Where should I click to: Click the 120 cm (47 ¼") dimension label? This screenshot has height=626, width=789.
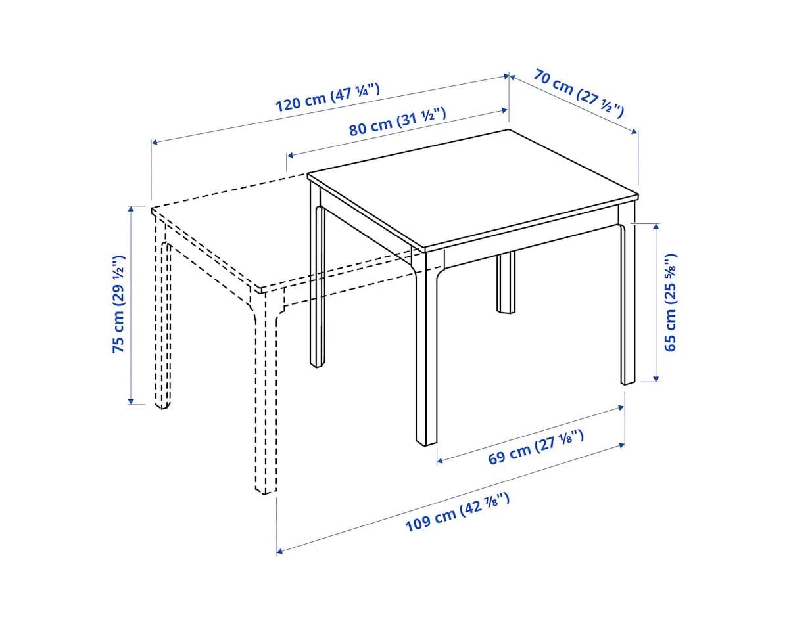pyautogui.click(x=327, y=97)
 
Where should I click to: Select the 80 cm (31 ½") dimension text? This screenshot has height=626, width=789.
pyautogui.click(x=397, y=121)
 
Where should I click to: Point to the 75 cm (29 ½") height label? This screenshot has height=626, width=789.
pyautogui.click(x=119, y=304)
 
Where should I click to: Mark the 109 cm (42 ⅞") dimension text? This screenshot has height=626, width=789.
pyautogui.click(x=457, y=514)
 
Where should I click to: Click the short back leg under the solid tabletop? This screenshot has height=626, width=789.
pyautogui.click(x=506, y=282)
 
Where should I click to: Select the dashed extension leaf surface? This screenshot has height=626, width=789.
pyautogui.click(x=243, y=230)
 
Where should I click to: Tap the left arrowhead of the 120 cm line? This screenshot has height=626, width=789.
pyautogui.click(x=154, y=141)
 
